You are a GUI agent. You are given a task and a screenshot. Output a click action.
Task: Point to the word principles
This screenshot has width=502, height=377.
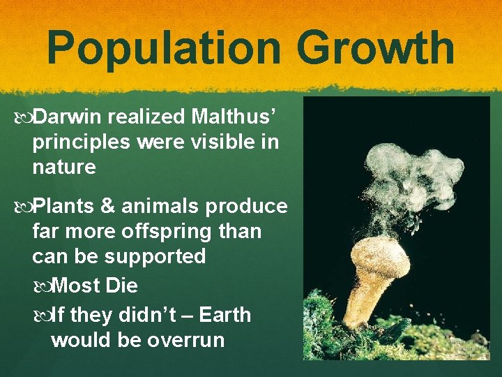(81, 142)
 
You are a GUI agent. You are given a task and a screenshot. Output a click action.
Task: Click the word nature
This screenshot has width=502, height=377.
(63, 167)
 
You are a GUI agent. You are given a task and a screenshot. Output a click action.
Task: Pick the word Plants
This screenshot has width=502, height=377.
(65, 207)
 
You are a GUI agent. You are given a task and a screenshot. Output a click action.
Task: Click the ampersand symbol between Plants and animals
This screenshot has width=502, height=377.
(112, 207)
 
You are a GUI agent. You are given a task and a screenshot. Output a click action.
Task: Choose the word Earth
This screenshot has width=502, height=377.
(225, 315)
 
